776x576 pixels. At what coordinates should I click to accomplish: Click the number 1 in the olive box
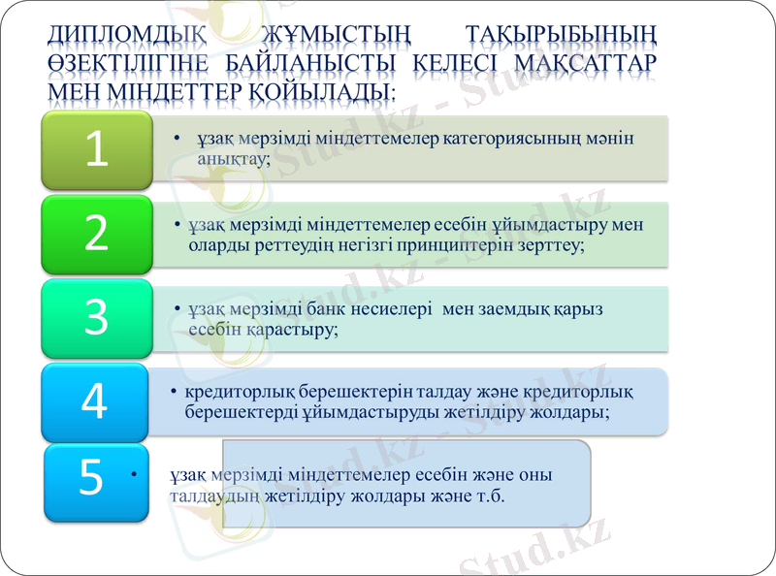(x=95, y=149)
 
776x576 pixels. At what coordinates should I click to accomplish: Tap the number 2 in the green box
(x=95, y=234)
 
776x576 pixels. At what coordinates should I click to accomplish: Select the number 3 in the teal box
(x=95, y=317)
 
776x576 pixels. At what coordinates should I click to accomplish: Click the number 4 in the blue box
(x=93, y=401)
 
